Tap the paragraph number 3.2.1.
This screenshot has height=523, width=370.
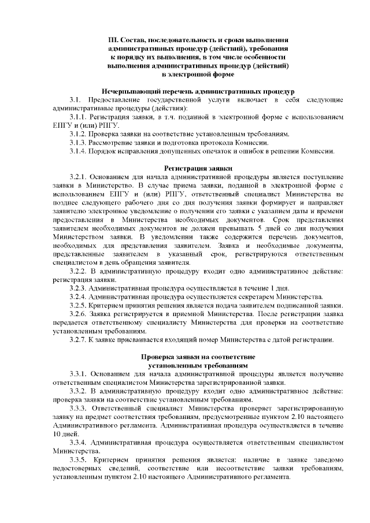click(80, 177)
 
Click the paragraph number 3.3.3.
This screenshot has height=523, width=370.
click(80, 408)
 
